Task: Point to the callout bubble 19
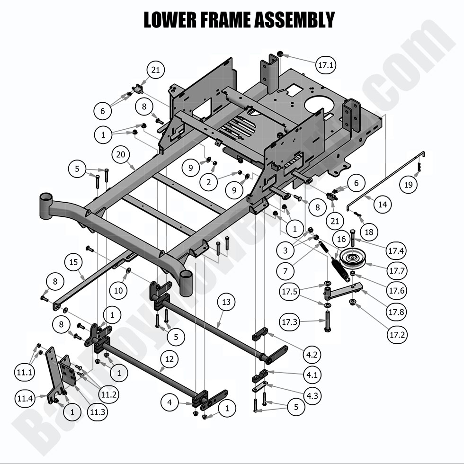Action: coord(408,185)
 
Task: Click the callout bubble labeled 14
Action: coord(382,205)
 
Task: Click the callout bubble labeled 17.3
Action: coord(290,322)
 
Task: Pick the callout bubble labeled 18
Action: coord(369,232)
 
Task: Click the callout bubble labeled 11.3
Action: coord(97,412)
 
